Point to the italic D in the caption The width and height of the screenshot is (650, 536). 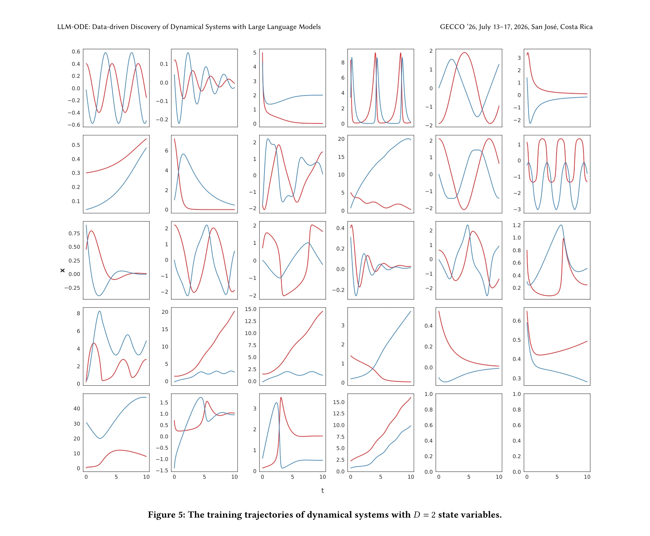coord(417,515)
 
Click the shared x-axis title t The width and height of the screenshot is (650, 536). coord(323,491)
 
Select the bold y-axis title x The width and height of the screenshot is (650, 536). coord(63,270)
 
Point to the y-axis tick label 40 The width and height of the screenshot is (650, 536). coord(76,409)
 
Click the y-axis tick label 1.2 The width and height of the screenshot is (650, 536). coord(517,225)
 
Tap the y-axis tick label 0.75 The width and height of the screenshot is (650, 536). coord(74,234)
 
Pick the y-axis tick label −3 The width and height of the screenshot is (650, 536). coord(517,209)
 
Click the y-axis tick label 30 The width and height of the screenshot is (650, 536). coord(76,424)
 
